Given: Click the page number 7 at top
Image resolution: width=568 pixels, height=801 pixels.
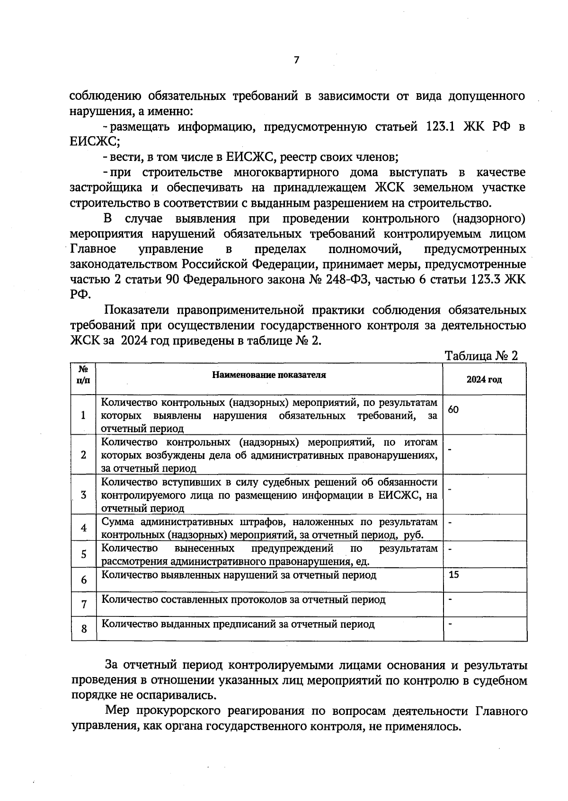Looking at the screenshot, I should pyautogui.click(x=296, y=60).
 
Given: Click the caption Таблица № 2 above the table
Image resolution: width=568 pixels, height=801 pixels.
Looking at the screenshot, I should pyautogui.click(x=481, y=356).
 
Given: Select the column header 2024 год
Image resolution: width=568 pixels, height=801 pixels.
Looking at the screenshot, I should pyautogui.click(x=484, y=380).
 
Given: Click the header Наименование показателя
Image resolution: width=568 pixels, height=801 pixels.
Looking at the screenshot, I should pyautogui.click(x=269, y=375).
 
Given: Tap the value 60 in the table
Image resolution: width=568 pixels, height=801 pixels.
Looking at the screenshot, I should pyautogui.click(x=453, y=410).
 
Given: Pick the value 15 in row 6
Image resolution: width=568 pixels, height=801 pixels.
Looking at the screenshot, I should pyautogui.click(x=453, y=575).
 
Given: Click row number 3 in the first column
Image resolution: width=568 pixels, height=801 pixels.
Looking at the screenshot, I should pyautogui.click(x=84, y=495).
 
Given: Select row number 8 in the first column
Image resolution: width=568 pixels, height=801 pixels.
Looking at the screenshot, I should pyautogui.click(x=84, y=629).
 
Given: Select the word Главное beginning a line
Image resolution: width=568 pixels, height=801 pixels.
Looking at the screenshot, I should pyautogui.click(x=93, y=249).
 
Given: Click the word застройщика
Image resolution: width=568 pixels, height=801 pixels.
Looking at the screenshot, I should pyautogui.click(x=106, y=188).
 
